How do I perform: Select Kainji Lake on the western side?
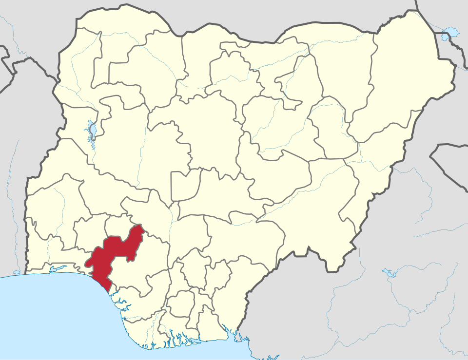92,131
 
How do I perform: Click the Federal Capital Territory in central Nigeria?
184,185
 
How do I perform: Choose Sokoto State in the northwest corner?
122,54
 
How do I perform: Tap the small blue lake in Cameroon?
388,271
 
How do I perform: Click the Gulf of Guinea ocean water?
49,317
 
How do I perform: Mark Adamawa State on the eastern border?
375,161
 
